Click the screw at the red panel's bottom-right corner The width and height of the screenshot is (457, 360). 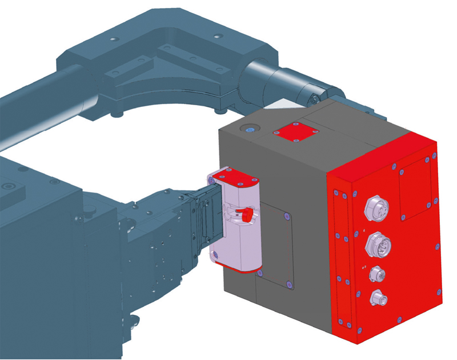click(x=439, y=292)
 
